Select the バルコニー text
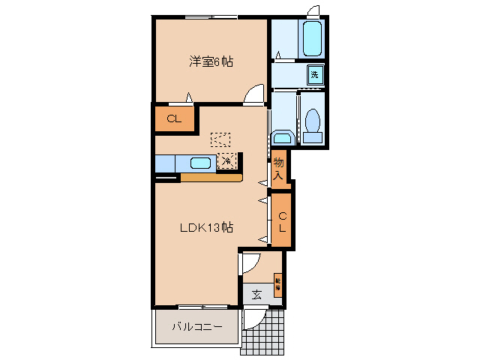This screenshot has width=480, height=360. click(x=196, y=326)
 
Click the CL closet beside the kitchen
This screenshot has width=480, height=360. click(x=174, y=118)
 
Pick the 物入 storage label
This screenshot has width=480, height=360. click(x=278, y=169)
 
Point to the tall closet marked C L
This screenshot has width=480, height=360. click(x=282, y=220)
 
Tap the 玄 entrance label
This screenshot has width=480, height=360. click(x=256, y=294)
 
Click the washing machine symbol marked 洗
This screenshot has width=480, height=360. click(x=315, y=74)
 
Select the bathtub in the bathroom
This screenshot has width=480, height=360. click(x=312, y=38)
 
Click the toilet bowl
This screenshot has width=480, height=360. click(x=313, y=124)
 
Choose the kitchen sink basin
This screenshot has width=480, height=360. click(x=200, y=163)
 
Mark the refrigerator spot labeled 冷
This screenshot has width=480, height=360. click(x=226, y=160)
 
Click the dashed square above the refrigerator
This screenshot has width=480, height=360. click(x=220, y=139)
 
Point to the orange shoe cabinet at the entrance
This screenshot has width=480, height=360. click(x=278, y=284)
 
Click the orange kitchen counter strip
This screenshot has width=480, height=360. click(x=211, y=178)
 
